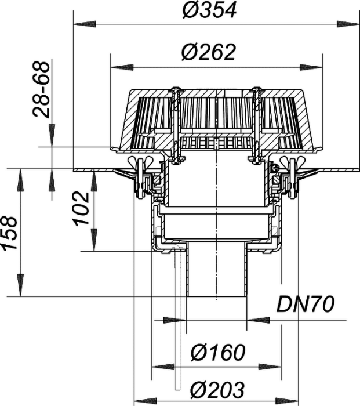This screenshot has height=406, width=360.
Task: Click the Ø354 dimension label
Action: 209,10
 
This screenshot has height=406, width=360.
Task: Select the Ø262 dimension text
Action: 209,52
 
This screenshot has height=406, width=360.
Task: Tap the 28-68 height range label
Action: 41,89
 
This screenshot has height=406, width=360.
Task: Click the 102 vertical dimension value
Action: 81,209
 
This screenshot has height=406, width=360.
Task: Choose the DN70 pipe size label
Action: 306,304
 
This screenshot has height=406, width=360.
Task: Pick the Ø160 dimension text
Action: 218,353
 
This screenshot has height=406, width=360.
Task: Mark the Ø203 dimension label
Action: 217,389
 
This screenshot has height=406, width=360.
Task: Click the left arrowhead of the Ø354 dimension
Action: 85,24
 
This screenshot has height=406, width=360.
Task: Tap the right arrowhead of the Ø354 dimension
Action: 348,24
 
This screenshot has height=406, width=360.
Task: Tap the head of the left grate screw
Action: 176,89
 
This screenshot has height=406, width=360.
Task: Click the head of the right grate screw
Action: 257,89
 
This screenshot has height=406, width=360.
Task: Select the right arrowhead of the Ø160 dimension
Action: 270,367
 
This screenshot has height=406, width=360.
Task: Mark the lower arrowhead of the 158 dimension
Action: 20,285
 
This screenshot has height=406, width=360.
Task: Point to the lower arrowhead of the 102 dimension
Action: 94,240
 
